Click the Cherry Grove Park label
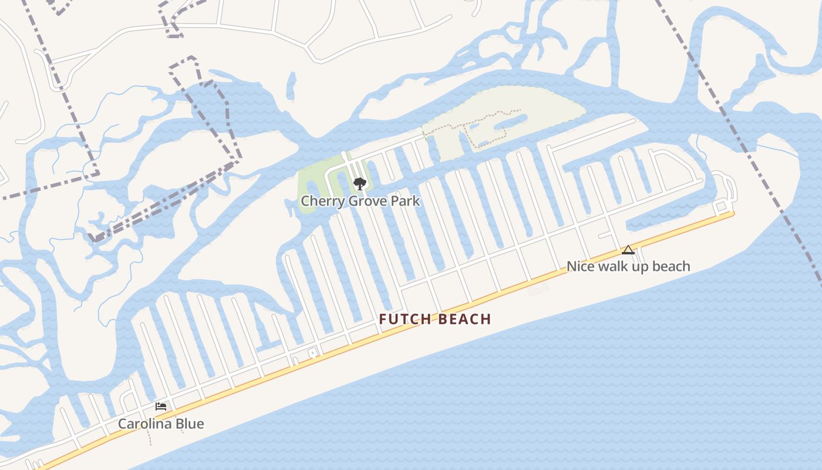[x=360, y=201]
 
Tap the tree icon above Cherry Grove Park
[x=360, y=184]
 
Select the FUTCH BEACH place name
[x=434, y=319]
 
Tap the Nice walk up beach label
[x=628, y=266]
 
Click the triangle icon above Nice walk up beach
[x=628, y=250]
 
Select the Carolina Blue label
[x=161, y=424]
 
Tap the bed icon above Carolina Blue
[x=161, y=407]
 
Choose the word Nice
[x=580, y=266]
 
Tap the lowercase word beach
[x=671, y=266]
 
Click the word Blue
[x=190, y=424]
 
